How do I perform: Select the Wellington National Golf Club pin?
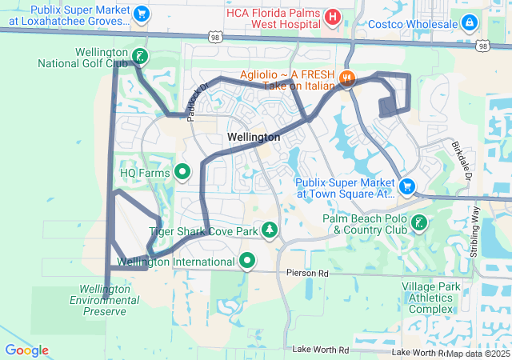click(x=140, y=55)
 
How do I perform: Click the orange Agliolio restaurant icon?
click(x=346, y=78)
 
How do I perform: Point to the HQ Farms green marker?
click(x=182, y=171)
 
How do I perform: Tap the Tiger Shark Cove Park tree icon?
click(x=270, y=231)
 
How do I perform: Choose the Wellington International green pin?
click(x=248, y=260)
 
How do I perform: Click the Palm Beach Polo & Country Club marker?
click(x=418, y=224)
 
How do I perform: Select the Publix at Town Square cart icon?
click(x=407, y=186)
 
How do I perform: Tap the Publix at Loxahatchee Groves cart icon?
click(x=141, y=14)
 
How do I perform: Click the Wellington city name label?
click(x=254, y=138)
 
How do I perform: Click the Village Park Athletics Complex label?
click(x=438, y=298)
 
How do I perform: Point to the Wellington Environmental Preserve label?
click(x=105, y=299)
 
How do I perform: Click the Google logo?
click(x=26, y=350)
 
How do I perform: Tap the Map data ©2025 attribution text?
click(x=478, y=353)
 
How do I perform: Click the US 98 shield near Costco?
click(x=482, y=46)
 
